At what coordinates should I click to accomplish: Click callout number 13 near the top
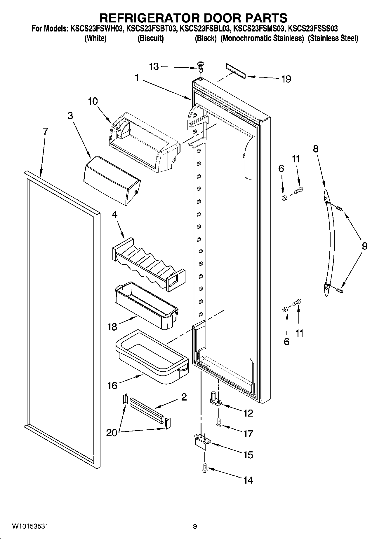click(x=154, y=67)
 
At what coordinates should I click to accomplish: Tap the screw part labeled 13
click(x=200, y=66)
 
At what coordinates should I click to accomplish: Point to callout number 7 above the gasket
click(x=45, y=131)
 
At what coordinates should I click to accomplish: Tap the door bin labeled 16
click(x=152, y=357)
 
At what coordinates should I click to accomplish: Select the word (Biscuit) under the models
click(x=150, y=38)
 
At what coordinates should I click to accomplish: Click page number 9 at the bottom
click(x=195, y=526)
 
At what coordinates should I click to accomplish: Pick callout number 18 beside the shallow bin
click(x=112, y=327)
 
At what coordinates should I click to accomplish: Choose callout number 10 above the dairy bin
click(x=93, y=101)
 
